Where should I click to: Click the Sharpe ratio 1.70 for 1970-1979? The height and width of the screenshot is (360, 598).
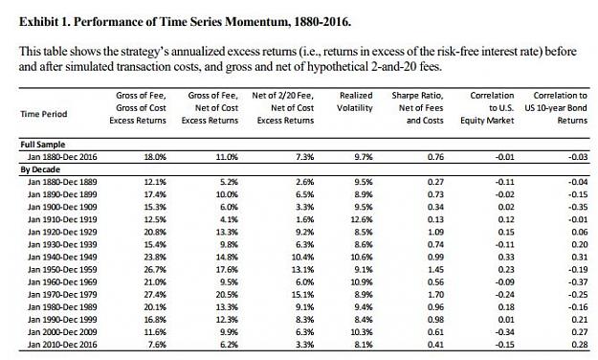tap(435, 295)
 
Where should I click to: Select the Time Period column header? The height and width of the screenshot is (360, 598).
tap(44, 114)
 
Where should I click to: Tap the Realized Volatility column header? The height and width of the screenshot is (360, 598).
tap(355, 101)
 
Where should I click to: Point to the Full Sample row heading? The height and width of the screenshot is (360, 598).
tap(43, 145)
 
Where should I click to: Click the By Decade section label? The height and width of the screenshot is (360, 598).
tap(40, 169)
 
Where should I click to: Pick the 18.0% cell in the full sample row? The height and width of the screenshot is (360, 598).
tap(155, 157)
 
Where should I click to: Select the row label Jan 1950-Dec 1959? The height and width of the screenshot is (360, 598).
tap(62, 270)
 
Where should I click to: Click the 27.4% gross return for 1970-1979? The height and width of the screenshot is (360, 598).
tap(155, 295)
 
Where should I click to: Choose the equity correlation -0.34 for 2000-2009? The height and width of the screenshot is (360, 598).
tap(504, 332)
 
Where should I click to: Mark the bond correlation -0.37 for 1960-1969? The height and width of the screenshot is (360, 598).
tap(578, 282)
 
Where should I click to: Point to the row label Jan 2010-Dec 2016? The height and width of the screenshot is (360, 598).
tap(62, 345)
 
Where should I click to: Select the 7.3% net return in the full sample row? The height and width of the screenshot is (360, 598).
tap(304, 157)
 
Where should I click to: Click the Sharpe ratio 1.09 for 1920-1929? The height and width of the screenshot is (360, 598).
tap(435, 232)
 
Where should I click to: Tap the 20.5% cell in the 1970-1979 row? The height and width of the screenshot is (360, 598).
tap(227, 295)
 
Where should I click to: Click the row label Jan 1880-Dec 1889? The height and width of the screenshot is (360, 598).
tap(62, 182)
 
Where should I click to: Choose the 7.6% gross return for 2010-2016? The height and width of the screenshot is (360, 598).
tap(157, 345)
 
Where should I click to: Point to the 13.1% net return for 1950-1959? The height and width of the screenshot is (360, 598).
tap(302, 270)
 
